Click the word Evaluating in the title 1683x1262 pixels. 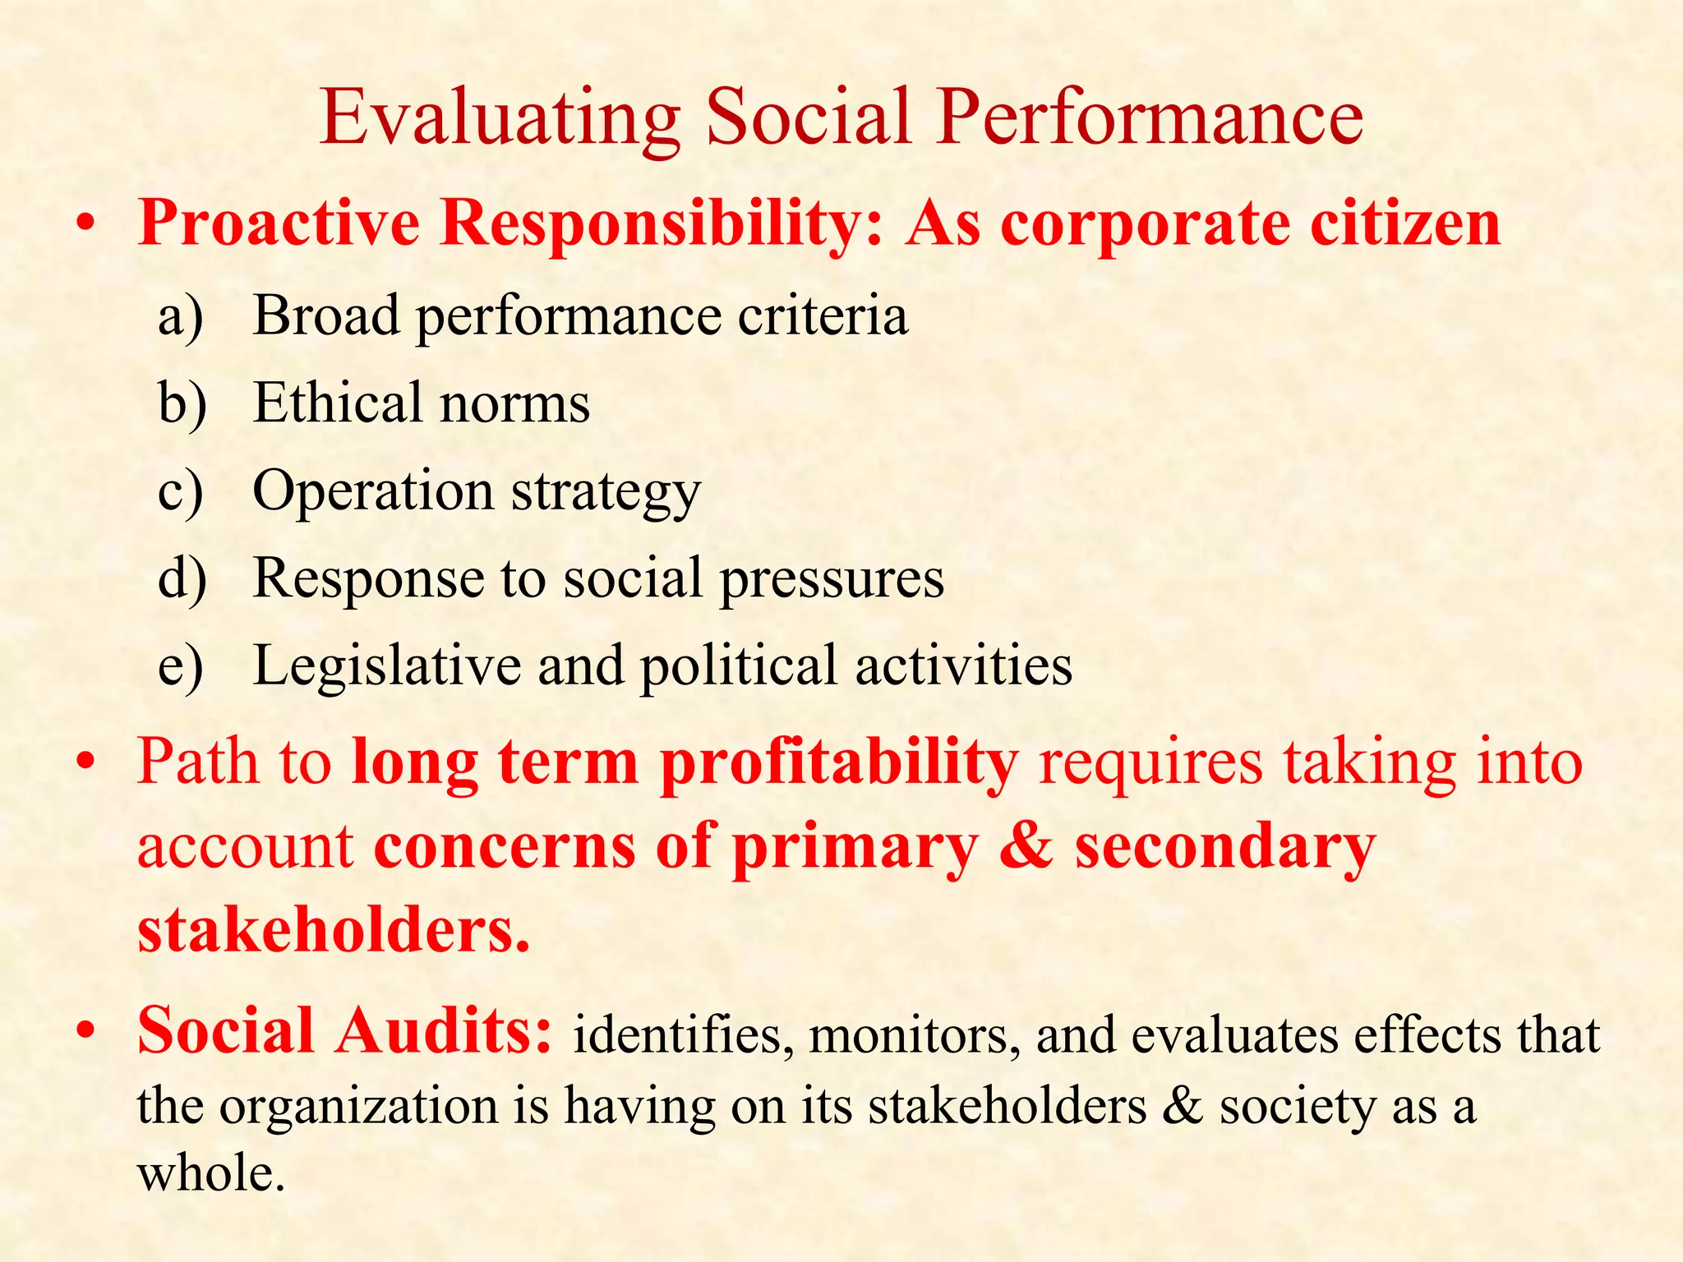pyautogui.click(x=500, y=119)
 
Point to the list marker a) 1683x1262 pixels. pyautogui.click(x=181, y=316)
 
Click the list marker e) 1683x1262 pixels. pyautogui.click(x=181, y=666)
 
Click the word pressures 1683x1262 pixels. pyautogui.click(x=832, y=578)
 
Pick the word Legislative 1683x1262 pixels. pyautogui.click(x=386, y=666)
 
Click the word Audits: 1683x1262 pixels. pyautogui.click(x=443, y=1031)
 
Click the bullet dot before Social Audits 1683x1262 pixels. pyautogui.click(x=85, y=1032)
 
